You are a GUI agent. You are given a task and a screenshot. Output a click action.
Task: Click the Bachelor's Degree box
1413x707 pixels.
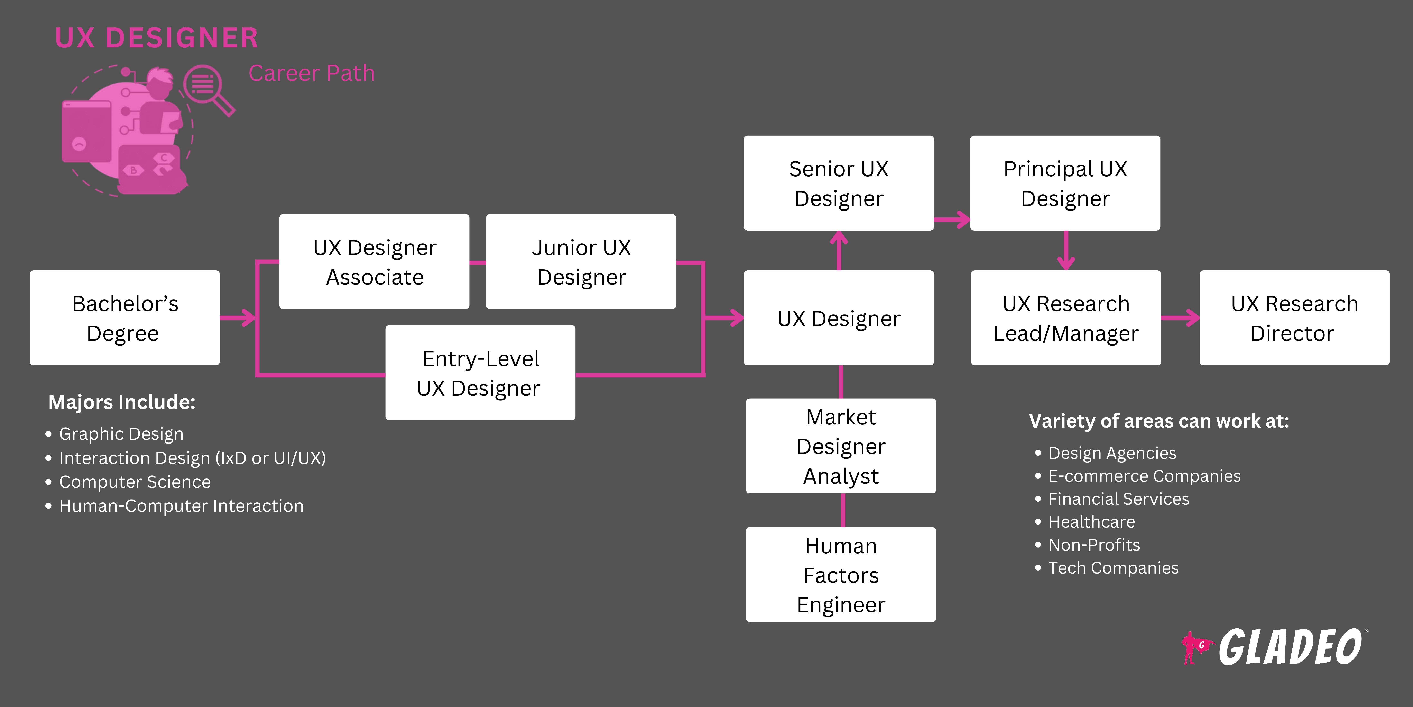click(x=124, y=318)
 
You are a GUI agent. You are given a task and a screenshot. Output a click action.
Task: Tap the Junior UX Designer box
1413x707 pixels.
click(x=581, y=262)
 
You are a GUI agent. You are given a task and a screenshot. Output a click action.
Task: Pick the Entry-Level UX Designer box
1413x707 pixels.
click(x=480, y=373)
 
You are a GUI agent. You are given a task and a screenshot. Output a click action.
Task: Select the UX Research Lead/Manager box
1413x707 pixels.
click(x=1066, y=318)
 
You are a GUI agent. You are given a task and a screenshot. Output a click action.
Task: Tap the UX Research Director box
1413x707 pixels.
click(x=1294, y=318)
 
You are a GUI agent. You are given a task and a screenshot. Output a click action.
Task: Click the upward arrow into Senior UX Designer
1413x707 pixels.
click(x=839, y=250)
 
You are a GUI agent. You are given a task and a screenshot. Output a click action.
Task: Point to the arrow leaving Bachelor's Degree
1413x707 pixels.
click(x=238, y=317)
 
